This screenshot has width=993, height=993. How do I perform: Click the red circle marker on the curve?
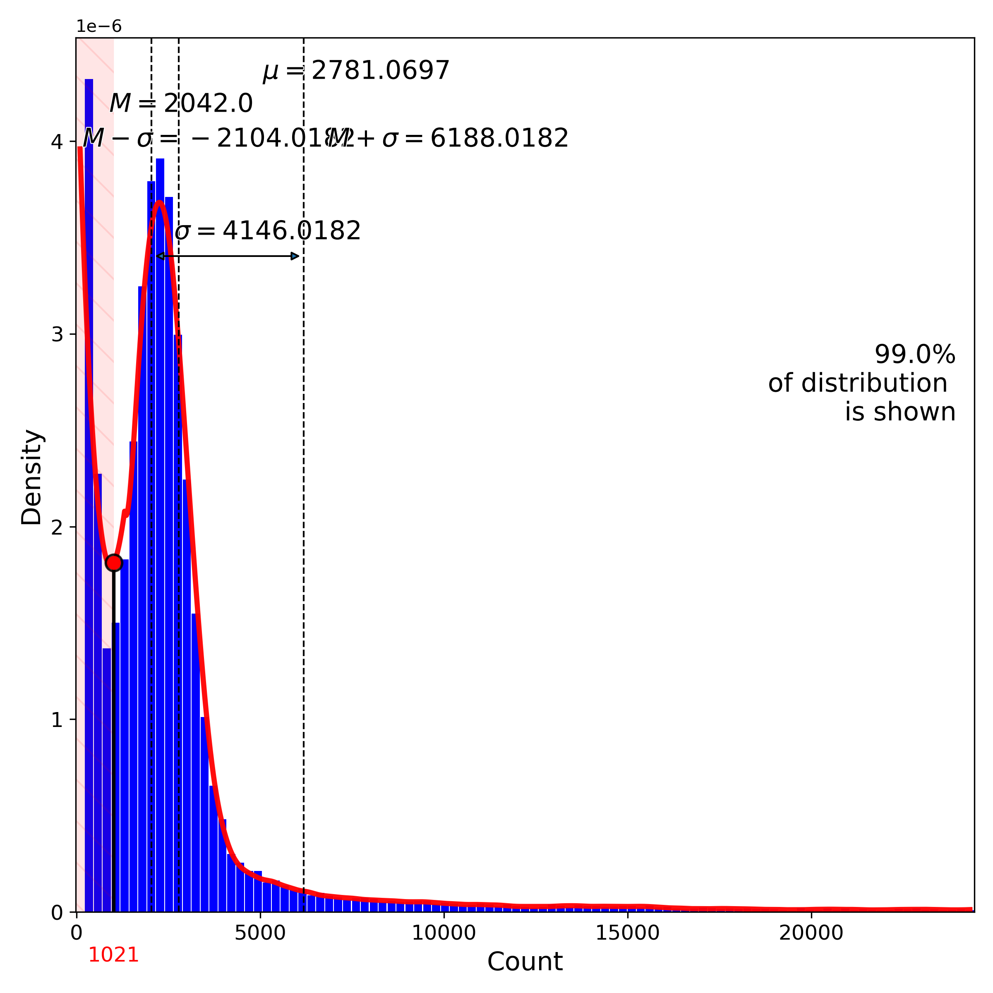[x=114, y=563]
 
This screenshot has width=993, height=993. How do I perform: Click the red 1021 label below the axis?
[x=114, y=955]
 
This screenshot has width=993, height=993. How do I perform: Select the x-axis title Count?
[x=525, y=961]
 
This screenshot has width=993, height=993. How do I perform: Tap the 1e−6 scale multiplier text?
[x=99, y=26]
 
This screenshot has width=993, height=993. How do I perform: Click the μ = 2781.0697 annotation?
[x=356, y=70]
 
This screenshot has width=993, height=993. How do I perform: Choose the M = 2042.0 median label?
[x=181, y=104]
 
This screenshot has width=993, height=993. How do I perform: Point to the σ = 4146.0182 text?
[x=268, y=231]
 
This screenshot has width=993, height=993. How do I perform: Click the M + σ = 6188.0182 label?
[x=448, y=138]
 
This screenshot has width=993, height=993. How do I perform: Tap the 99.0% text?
[x=914, y=355]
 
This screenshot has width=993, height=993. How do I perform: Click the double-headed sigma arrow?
[x=227, y=256]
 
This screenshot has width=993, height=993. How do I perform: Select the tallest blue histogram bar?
[x=89, y=463]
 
